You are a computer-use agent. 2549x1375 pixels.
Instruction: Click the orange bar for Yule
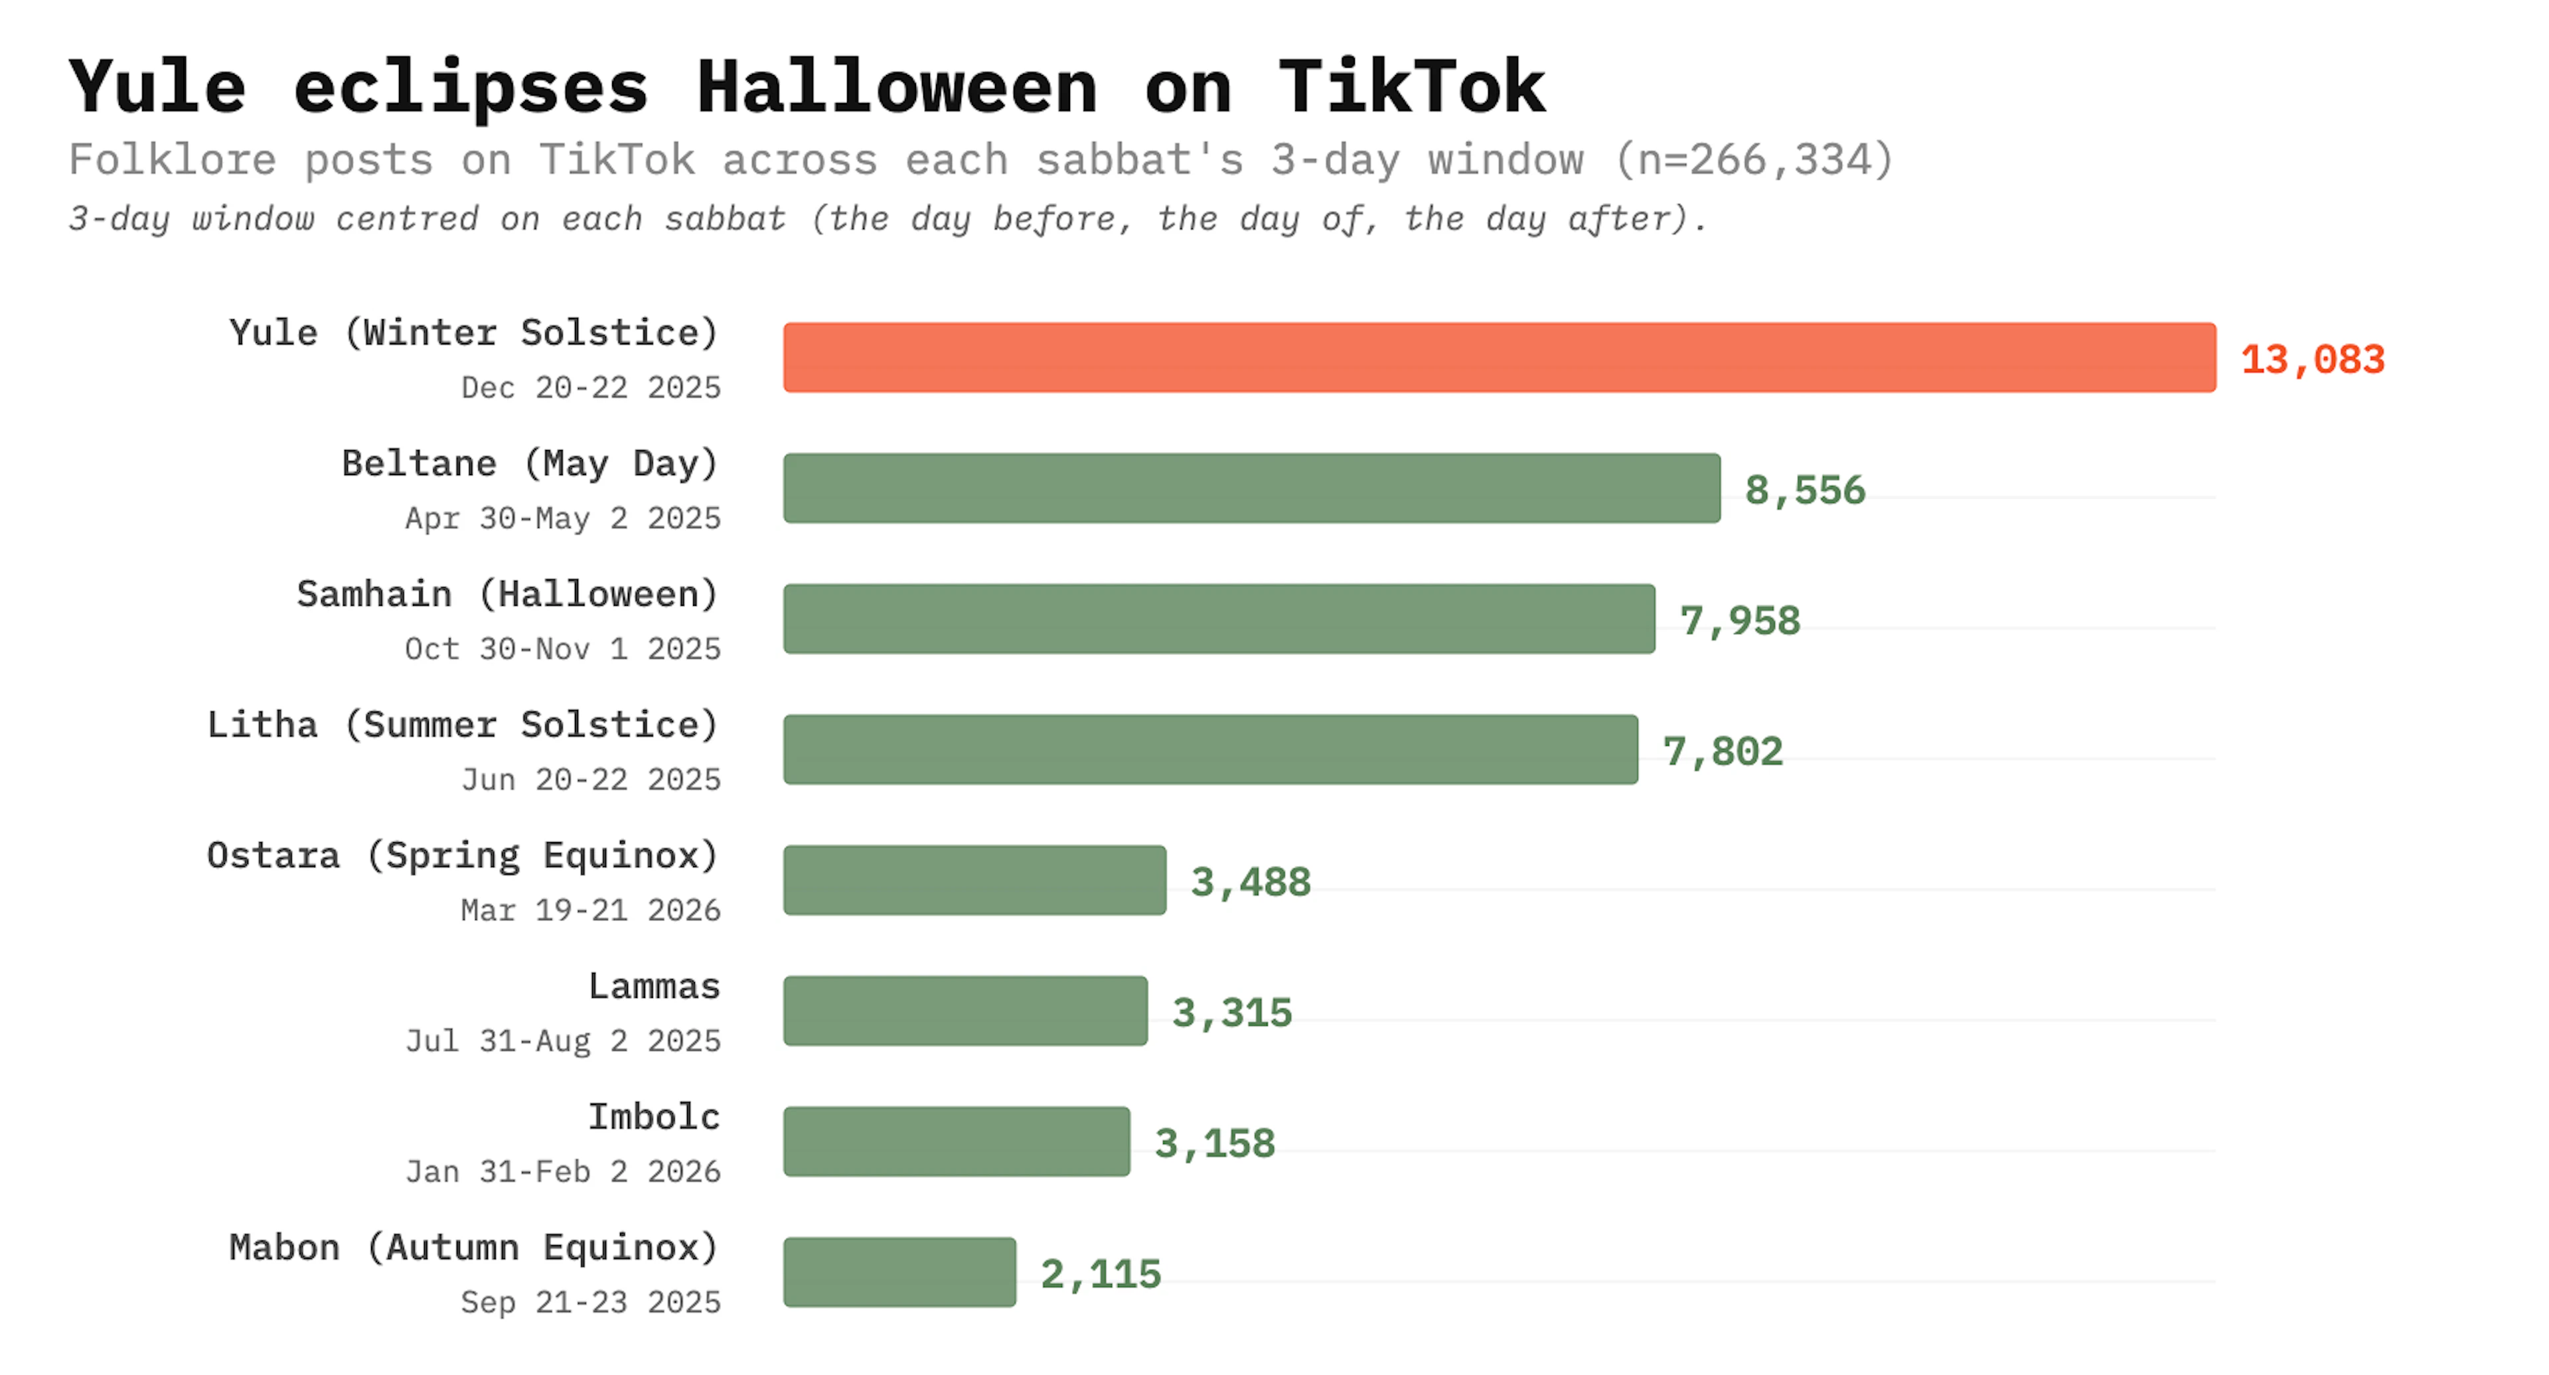tap(1498, 357)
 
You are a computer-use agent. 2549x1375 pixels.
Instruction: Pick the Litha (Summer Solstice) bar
tap(1209, 749)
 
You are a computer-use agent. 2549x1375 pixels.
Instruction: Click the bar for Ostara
tap(974, 879)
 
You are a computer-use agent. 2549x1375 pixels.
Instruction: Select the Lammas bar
tap(965, 1010)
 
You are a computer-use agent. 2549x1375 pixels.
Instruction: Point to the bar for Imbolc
tap(956, 1141)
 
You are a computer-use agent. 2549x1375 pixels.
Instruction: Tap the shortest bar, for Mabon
tap(899, 1271)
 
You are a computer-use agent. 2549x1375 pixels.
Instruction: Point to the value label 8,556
tap(1804, 490)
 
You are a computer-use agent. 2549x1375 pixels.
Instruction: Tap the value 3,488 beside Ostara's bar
tap(1250, 881)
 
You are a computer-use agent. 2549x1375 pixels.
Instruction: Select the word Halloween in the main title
tap(897, 87)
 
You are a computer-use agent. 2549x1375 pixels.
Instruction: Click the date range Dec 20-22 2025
tap(591, 387)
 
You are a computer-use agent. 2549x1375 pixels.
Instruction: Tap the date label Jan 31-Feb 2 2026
tap(562, 1171)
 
